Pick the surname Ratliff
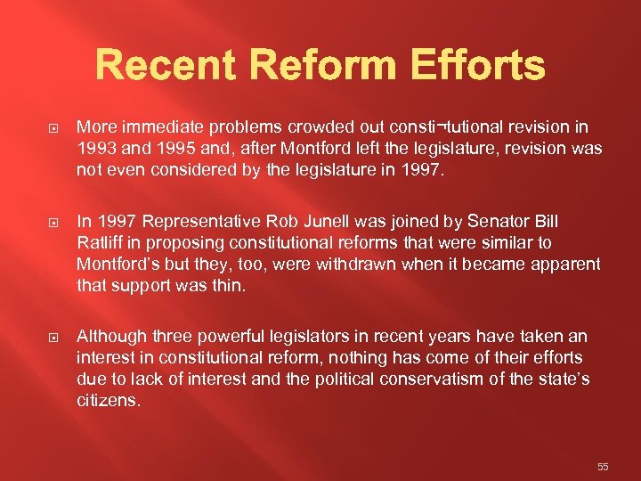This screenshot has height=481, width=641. coord(97,243)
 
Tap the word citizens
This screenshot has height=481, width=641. coord(108,402)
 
